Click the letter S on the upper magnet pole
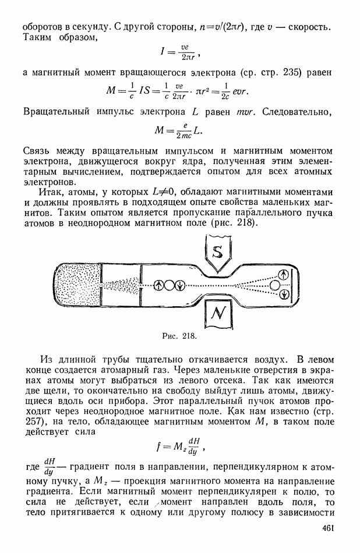[217, 252]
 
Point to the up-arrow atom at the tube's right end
[284, 274]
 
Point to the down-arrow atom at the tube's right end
[284, 294]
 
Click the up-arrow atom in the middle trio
[158, 285]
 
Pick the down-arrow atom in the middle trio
[180, 285]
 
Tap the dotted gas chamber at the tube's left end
[77, 285]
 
